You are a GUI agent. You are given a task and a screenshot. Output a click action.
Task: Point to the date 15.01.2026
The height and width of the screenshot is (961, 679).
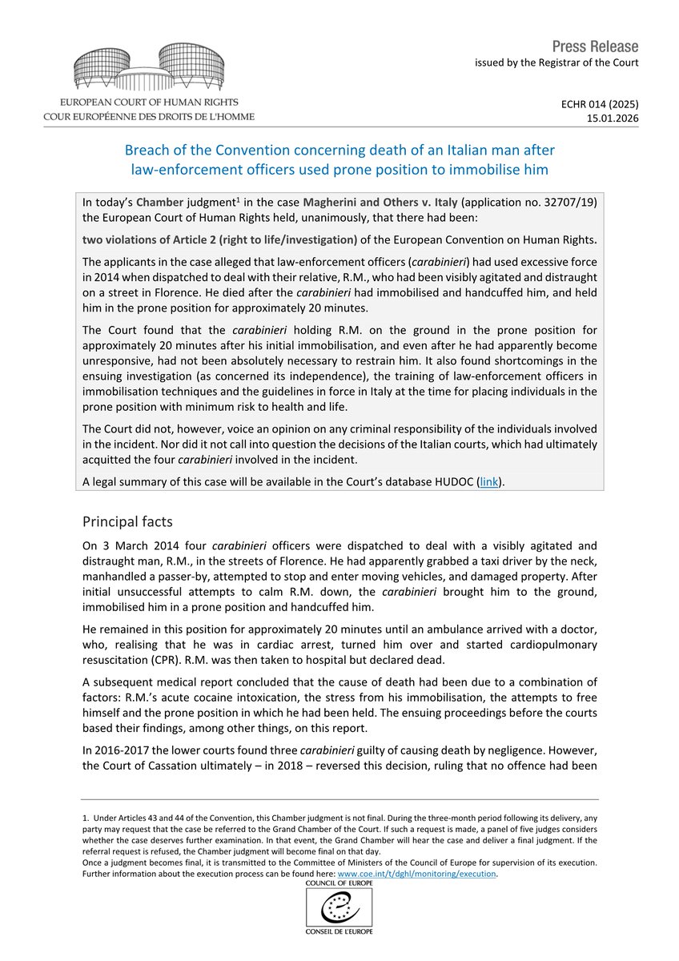click(615, 118)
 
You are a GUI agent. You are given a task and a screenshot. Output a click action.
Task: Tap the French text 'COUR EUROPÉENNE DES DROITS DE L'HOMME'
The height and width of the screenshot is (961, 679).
click(150, 117)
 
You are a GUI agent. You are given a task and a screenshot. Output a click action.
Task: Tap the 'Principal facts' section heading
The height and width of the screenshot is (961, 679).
click(127, 521)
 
